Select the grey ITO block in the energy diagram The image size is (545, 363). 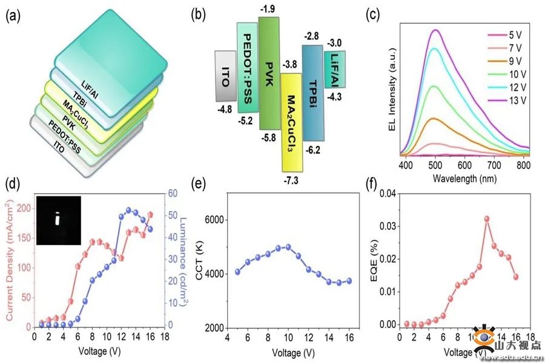[x=225, y=75]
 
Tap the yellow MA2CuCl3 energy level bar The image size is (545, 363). [x=291, y=121]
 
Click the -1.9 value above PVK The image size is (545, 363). [x=268, y=9]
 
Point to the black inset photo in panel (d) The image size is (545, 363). [x=58, y=220]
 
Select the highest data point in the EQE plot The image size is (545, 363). [x=486, y=219]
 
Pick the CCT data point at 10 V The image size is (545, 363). [x=288, y=247]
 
